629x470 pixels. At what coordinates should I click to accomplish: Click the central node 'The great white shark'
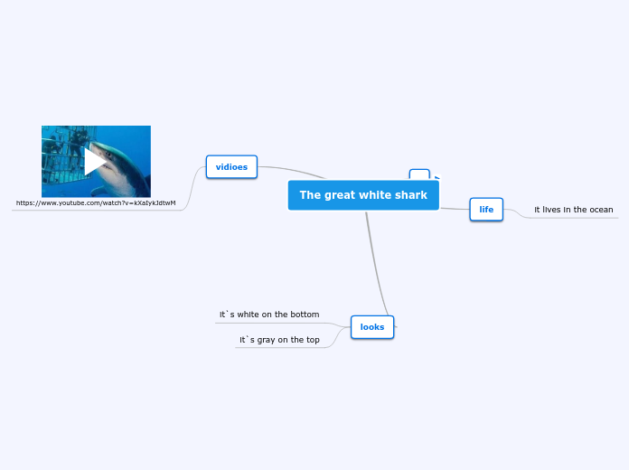pyautogui.click(x=363, y=195)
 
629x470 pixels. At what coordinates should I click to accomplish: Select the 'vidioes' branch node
pyautogui.click(x=232, y=167)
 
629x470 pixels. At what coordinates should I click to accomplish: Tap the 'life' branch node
pyautogui.click(x=486, y=210)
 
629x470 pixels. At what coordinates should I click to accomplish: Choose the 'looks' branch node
pyautogui.click(x=372, y=326)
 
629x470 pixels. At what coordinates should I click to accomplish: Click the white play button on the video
pyautogui.click(x=95, y=162)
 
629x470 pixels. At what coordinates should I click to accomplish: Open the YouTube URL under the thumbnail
pyautogui.click(x=96, y=203)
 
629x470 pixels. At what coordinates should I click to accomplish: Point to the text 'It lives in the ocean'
pyautogui.click(x=573, y=210)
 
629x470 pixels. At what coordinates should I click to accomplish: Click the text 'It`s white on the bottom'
pyautogui.click(x=269, y=315)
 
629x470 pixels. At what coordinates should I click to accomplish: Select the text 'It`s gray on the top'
pyautogui.click(x=279, y=340)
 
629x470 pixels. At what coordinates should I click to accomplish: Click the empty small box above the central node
pyautogui.click(x=419, y=175)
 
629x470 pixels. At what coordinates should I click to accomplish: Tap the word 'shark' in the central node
pyautogui.click(x=409, y=195)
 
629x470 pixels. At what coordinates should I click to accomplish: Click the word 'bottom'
pyautogui.click(x=304, y=315)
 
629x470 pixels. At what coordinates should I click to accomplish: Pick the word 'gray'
pyautogui.click(x=268, y=340)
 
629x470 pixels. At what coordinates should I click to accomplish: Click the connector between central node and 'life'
pyautogui.click(x=454, y=209)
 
